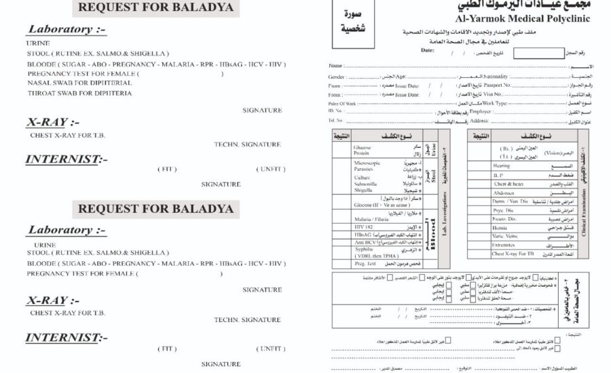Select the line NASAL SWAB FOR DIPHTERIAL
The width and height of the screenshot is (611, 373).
(80, 83)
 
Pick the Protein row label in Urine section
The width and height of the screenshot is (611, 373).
(362, 153)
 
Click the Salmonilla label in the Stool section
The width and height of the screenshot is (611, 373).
(366, 183)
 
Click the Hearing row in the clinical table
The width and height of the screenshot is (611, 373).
(502, 165)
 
